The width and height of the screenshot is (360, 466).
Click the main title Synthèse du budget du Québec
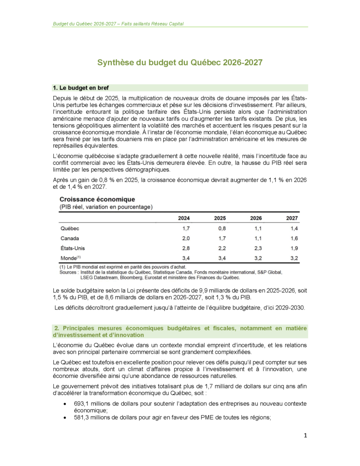tap(180, 63)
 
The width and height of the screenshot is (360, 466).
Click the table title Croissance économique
tap(97, 199)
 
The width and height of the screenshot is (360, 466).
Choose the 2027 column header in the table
tap(292, 218)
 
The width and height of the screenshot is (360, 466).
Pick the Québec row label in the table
tap(70, 228)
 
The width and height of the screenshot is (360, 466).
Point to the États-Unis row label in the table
tap(72, 248)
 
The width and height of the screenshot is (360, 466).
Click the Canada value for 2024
tap(186, 238)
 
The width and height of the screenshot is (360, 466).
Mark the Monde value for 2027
tap(294, 258)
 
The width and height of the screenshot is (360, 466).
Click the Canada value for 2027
tap(294, 238)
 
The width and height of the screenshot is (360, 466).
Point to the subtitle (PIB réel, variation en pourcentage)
tap(106, 207)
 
